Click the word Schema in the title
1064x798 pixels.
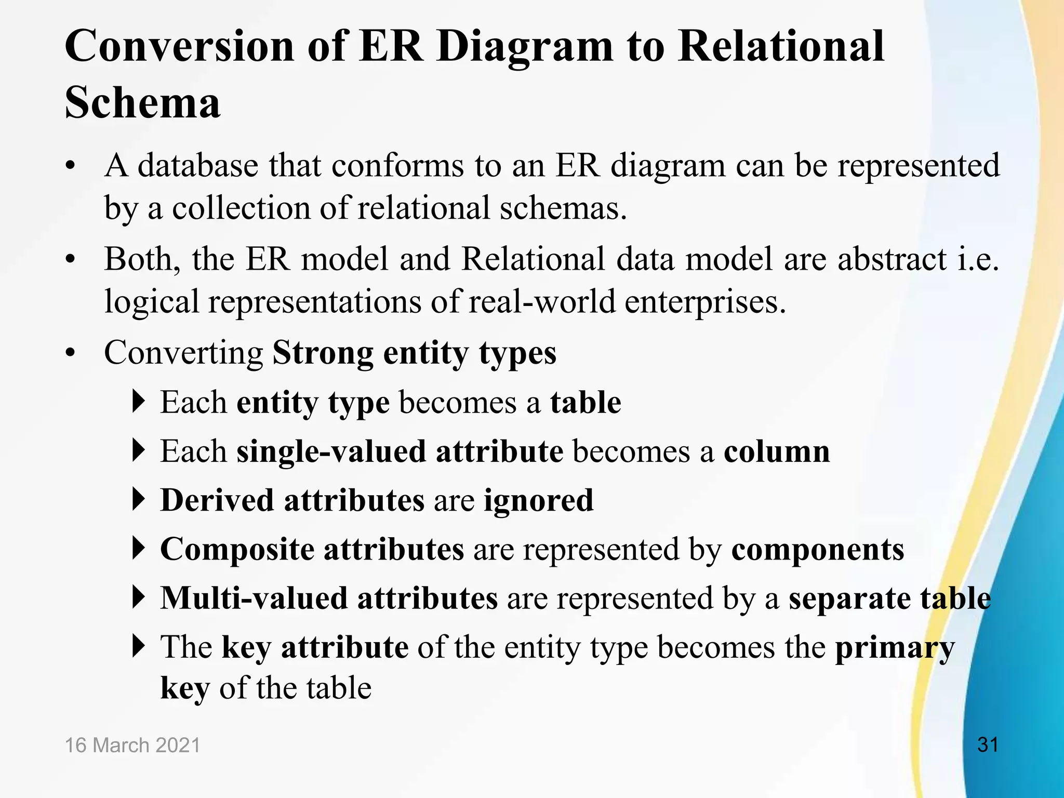142,102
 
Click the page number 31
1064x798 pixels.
988,745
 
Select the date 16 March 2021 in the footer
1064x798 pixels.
132,745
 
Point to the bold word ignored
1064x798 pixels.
538,500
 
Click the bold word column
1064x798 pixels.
777,451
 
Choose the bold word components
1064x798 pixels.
818,549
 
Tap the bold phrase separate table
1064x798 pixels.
889,598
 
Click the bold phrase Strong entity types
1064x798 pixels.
414,353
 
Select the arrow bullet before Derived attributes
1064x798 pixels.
138,500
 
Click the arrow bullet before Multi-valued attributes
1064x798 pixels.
138,597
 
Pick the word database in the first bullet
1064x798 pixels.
198,166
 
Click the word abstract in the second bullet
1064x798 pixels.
892,259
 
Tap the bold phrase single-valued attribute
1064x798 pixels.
400,451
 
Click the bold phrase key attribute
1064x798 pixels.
315,647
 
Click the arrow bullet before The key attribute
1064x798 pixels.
138,646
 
